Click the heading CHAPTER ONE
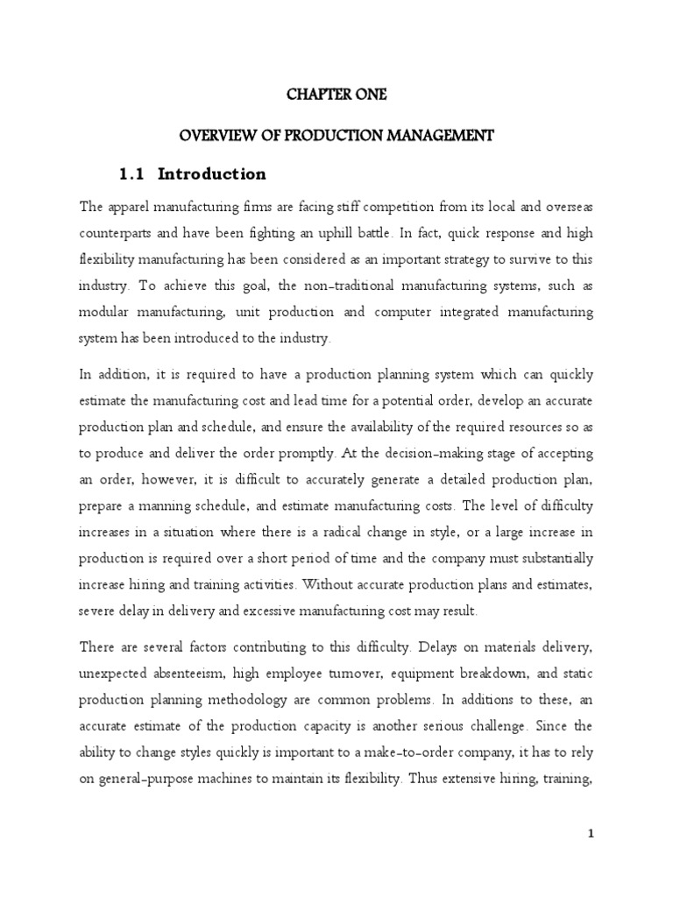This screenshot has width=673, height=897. coord(336,95)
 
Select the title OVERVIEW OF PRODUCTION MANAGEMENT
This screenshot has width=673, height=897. coord(336,135)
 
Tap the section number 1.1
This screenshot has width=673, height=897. coord(131,173)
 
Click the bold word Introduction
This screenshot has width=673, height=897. coord(211,173)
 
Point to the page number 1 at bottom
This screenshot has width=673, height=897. coord(591,834)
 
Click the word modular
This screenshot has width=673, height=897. coord(103,313)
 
